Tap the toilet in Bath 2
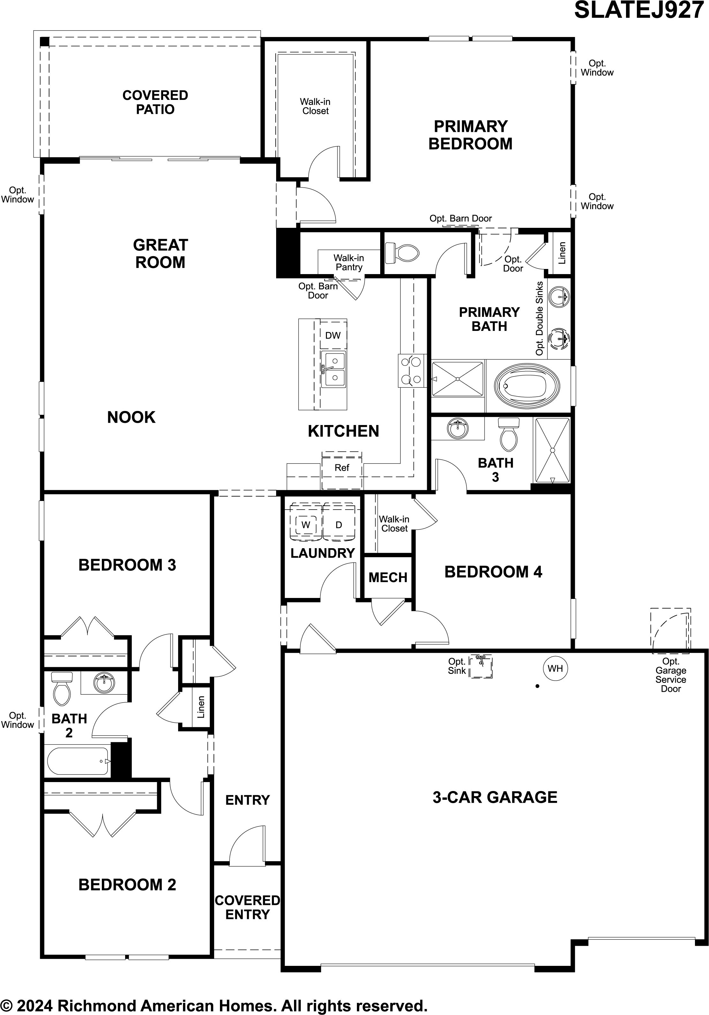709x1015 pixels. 62,688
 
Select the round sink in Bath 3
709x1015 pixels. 458,429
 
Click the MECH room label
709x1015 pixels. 388,577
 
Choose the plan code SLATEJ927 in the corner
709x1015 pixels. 639,11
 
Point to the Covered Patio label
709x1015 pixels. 155,102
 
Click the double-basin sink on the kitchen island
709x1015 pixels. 334,369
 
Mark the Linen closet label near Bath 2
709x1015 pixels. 201,707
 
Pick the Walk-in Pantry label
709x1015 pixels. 349,262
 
